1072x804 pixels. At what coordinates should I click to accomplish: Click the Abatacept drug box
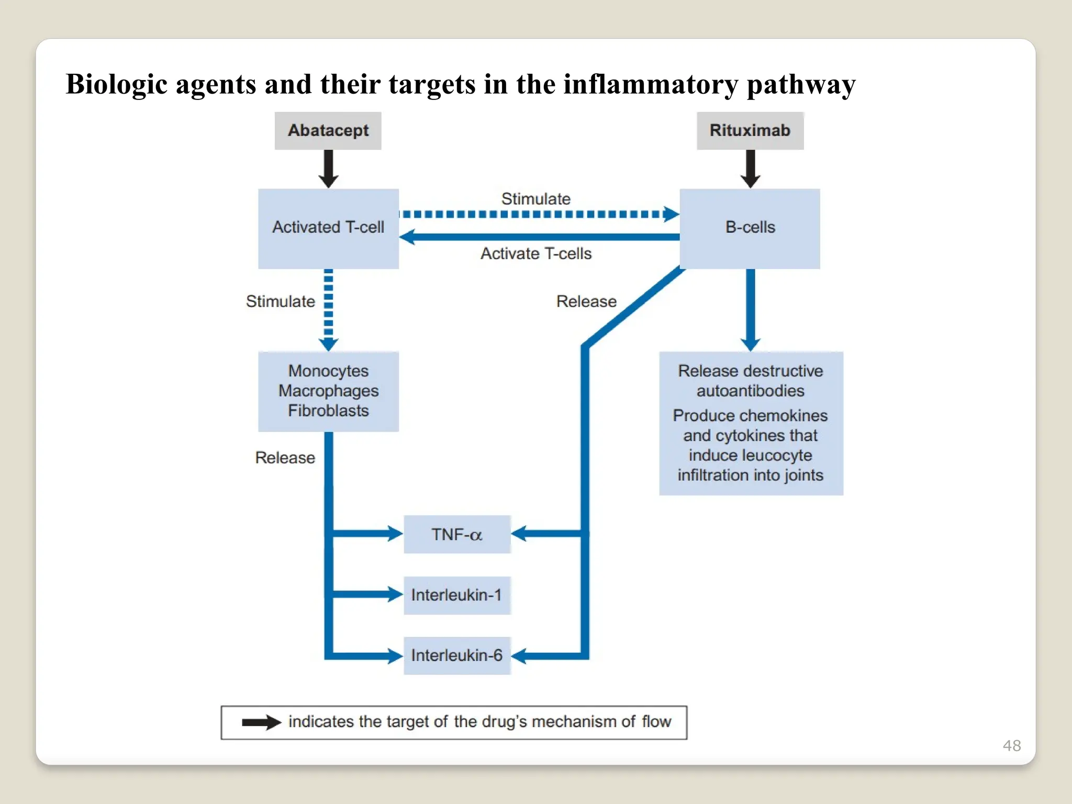tap(328, 130)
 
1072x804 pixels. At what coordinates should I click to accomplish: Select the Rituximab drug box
tap(750, 130)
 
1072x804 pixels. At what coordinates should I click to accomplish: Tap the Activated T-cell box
tap(328, 228)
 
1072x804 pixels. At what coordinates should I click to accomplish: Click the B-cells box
tap(750, 228)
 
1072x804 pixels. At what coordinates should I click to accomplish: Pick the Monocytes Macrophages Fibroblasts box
tap(328, 391)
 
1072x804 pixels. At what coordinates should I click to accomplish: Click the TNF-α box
tap(457, 534)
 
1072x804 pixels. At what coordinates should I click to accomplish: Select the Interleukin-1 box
tap(457, 595)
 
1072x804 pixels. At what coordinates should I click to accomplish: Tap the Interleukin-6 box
tap(457, 655)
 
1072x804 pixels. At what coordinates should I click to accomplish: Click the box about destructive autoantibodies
tap(751, 423)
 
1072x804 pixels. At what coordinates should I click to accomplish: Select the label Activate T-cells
tap(536, 254)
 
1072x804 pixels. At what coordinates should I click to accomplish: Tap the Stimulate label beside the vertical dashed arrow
tap(281, 301)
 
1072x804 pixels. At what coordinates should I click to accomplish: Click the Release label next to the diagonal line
tap(586, 301)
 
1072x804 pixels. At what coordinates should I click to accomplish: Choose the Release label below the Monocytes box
tap(285, 458)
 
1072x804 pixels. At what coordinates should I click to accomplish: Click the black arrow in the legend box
tap(261, 722)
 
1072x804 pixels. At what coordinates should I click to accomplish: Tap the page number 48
tap(1011, 745)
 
